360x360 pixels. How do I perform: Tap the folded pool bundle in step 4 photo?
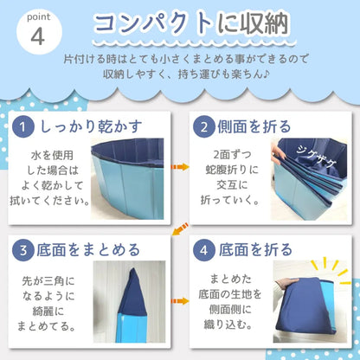tap(312, 307)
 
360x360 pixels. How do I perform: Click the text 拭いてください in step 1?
tap(60, 202)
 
